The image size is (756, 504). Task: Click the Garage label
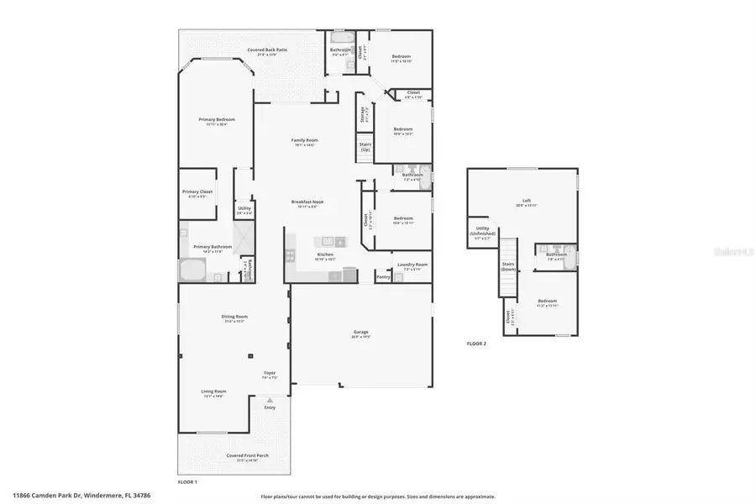click(x=361, y=334)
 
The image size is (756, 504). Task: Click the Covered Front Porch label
click(x=248, y=458)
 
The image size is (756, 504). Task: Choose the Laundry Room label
click(x=412, y=265)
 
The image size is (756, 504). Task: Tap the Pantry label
click(x=383, y=276)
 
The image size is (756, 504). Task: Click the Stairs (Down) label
click(x=508, y=266)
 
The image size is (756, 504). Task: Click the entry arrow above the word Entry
click(x=270, y=400)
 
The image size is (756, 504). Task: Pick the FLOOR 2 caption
click(x=477, y=344)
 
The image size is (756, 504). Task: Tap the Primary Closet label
click(x=197, y=193)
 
